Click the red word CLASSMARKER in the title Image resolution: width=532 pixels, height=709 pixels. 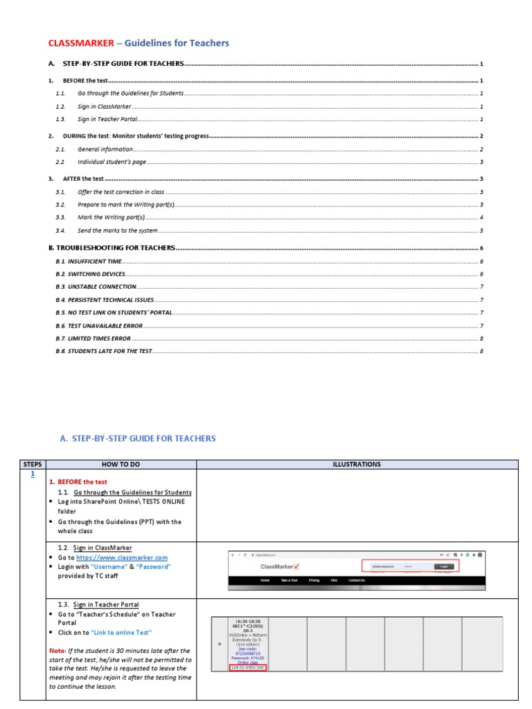81,43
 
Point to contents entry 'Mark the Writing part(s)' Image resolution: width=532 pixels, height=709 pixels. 115,217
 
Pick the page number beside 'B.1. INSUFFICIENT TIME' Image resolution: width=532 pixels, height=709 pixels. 481,261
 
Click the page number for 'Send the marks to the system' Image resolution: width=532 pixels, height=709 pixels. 481,231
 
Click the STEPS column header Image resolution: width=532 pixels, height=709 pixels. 33,464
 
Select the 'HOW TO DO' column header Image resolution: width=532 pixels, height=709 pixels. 121,464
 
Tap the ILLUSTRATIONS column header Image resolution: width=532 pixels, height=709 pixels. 357,464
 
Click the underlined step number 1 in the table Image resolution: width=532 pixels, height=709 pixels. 33,474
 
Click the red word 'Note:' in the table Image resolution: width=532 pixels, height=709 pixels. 57,651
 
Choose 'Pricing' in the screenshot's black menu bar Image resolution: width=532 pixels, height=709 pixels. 314,580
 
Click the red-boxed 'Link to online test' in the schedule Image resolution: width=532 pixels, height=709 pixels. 247,667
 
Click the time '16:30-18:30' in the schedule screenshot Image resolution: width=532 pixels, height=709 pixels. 247,621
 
